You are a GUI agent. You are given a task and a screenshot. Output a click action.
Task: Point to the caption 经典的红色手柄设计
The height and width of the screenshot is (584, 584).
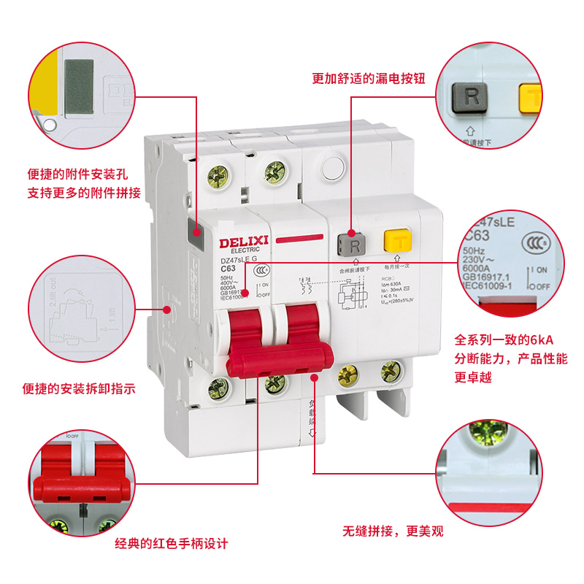[x=172, y=543]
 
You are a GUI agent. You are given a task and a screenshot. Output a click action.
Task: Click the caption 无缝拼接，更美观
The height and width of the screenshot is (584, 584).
[x=394, y=531]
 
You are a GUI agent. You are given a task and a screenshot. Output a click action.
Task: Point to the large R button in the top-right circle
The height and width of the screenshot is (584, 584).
[x=471, y=97]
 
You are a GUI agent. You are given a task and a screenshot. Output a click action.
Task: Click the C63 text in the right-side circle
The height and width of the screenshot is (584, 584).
[x=477, y=235]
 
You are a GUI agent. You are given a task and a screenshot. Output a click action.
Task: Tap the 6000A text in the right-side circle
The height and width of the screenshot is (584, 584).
[x=480, y=269]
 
